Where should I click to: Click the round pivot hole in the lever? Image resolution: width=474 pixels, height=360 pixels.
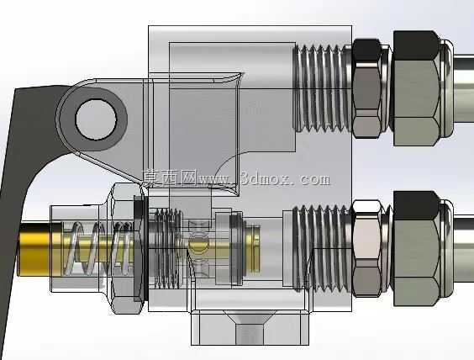click(x=96, y=119)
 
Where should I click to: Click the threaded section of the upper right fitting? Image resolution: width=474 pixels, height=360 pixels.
click(x=323, y=88)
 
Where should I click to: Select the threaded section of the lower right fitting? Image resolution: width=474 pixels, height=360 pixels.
click(x=323, y=248)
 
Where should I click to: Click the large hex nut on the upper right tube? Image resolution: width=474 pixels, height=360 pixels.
click(x=416, y=88)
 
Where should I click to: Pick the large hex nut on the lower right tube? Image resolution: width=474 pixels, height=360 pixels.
click(x=416, y=249)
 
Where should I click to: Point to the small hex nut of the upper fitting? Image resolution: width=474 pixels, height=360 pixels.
click(x=366, y=88)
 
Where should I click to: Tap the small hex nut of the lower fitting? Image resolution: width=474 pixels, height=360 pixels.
click(x=367, y=248)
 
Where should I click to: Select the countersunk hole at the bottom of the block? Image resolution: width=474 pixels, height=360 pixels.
click(x=250, y=327)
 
